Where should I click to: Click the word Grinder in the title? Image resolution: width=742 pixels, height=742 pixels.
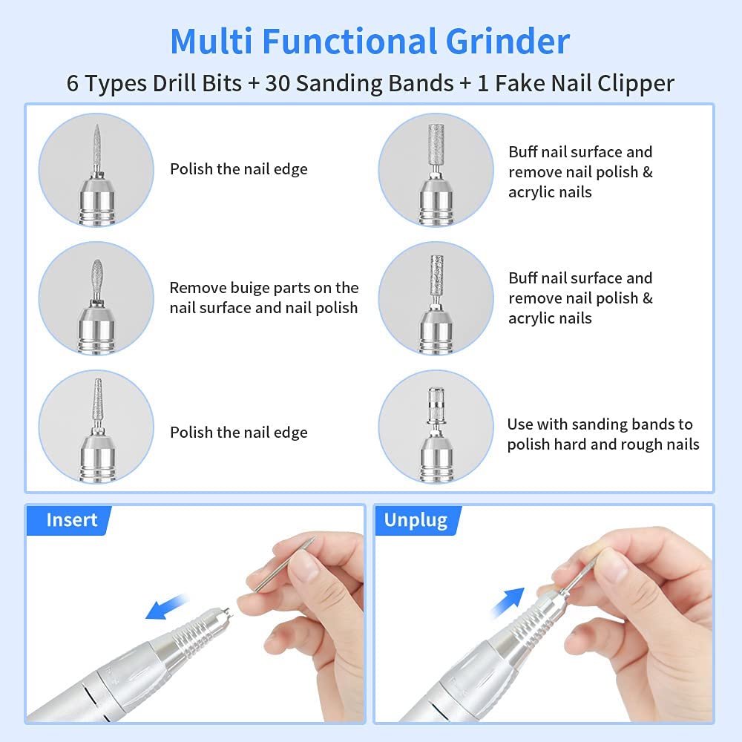click(x=508, y=41)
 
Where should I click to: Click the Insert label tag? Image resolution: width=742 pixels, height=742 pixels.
click(x=69, y=520)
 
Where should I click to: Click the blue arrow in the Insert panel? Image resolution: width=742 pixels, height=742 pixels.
click(x=165, y=607)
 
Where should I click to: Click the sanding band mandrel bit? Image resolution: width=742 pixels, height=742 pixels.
click(x=436, y=406)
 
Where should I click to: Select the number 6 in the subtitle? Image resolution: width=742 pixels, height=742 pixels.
click(x=73, y=83)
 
